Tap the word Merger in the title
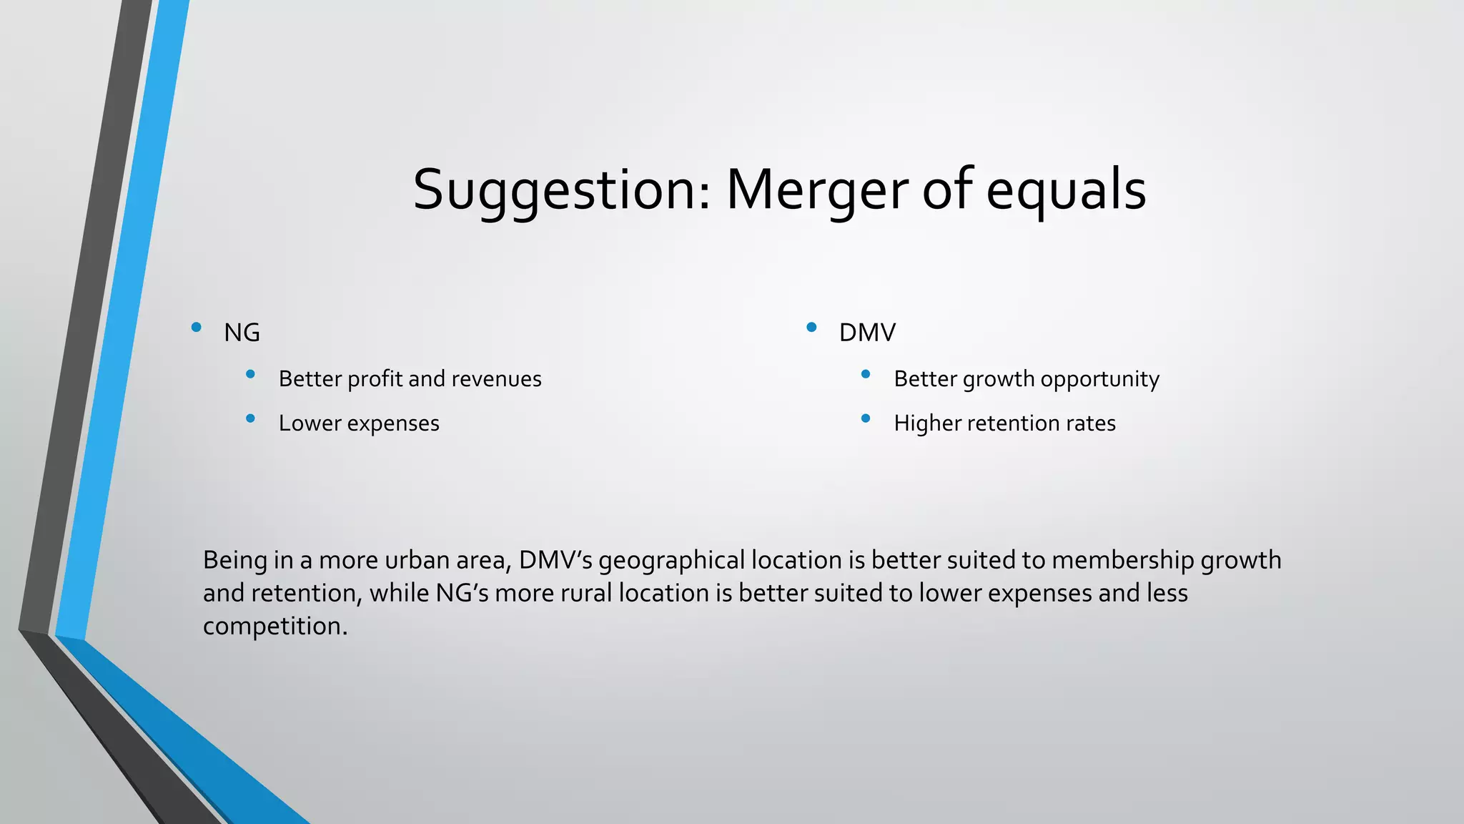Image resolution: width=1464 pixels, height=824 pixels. (817, 190)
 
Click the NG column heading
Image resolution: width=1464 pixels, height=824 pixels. (242, 333)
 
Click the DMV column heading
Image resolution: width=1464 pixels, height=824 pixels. (867, 333)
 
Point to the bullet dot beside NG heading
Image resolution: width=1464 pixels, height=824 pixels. (196, 328)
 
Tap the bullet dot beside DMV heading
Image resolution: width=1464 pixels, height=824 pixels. (811, 328)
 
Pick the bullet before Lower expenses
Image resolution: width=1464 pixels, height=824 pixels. (250, 418)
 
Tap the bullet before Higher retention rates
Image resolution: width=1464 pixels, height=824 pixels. (866, 418)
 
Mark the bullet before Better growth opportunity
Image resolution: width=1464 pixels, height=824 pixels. (866, 374)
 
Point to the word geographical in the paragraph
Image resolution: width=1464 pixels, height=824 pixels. (671, 560)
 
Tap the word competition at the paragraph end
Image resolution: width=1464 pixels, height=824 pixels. (274, 626)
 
